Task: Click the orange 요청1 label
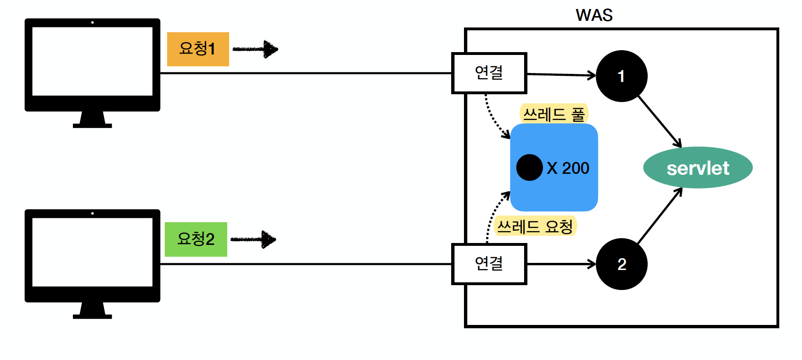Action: pyautogui.click(x=198, y=49)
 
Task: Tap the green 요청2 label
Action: pyautogui.click(x=196, y=239)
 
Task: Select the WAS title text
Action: pyautogui.click(x=594, y=15)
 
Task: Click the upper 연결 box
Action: pyautogui.click(x=489, y=73)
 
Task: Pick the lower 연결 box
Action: pyautogui.click(x=489, y=264)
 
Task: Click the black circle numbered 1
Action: pyautogui.click(x=621, y=76)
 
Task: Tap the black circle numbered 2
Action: pyautogui.click(x=621, y=264)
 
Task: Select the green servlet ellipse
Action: pyautogui.click(x=697, y=168)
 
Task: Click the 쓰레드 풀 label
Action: pyautogui.click(x=553, y=114)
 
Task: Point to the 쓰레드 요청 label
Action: pyautogui.click(x=535, y=226)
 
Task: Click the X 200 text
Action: pyautogui.click(x=568, y=168)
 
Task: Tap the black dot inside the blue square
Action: pyautogui.click(x=529, y=168)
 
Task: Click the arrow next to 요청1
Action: pyautogui.click(x=255, y=49)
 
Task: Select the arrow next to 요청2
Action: pyautogui.click(x=253, y=240)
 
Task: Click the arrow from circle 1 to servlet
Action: pyautogui.click(x=659, y=121)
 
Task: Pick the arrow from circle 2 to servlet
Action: pyautogui.click(x=660, y=216)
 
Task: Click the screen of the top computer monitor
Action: pyautogui.click(x=92, y=62)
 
